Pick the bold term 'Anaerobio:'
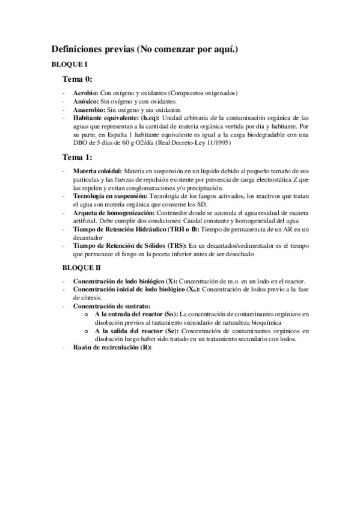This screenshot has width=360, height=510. pos(90,110)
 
